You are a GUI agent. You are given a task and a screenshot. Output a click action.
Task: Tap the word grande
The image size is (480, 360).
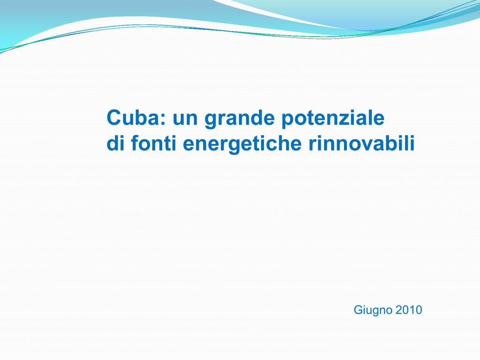(x=240, y=119)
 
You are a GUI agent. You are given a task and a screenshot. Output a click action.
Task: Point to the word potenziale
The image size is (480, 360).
(x=333, y=119)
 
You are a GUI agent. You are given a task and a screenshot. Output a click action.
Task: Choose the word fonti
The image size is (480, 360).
(x=154, y=143)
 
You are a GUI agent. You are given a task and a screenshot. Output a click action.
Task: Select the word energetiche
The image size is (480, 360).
(x=242, y=144)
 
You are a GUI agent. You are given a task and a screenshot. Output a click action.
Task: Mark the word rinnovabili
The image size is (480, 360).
(x=361, y=143)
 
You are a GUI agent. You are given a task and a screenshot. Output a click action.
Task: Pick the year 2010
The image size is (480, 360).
(x=409, y=310)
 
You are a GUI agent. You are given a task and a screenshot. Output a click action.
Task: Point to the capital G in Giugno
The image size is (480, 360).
(x=358, y=310)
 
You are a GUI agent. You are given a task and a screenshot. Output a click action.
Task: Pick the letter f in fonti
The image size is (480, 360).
(x=135, y=143)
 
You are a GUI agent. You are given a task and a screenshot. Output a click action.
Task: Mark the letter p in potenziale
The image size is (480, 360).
(x=288, y=122)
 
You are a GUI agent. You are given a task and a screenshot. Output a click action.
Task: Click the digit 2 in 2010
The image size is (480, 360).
(x=398, y=310)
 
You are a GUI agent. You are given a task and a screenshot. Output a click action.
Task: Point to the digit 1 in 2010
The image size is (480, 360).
(x=412, y=310)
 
